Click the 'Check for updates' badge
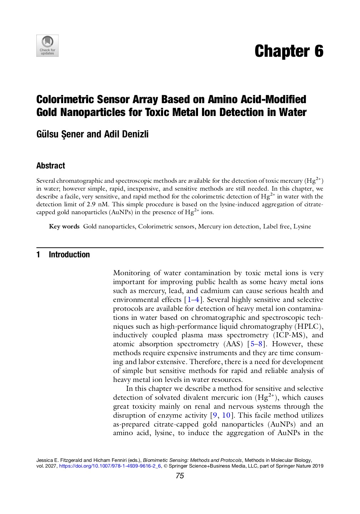click(47, 46)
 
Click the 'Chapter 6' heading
click(289, 51)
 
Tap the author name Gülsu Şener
click(60, 134)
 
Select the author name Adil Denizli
click(126, 134)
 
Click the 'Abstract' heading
click(51, 166)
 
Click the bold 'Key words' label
click(64, 226)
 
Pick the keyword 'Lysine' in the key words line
click(302, 226)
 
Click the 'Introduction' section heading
click(69, 255)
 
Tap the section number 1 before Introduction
click(38, 255)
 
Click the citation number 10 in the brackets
click(226, 415)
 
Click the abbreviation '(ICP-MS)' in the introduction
click(289, 335)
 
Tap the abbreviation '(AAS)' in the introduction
click(233, 344)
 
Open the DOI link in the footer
click(110, 466)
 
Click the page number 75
click(180, 476)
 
